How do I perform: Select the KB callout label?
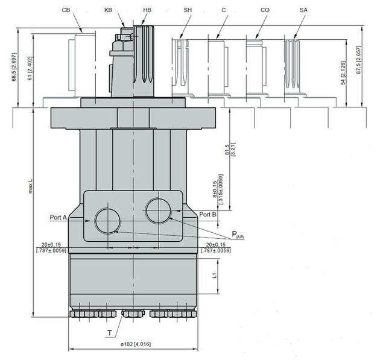tap(108, 10)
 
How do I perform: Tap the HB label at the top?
tap(147, 10)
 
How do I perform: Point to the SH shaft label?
tap(188, 10)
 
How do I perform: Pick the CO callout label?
tap(265, 10)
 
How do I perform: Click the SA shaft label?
tap(303, 10)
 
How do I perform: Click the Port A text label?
tap(58, 217)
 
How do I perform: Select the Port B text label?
tap(208, 214)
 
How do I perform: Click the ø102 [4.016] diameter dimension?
tap(136, 344)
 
